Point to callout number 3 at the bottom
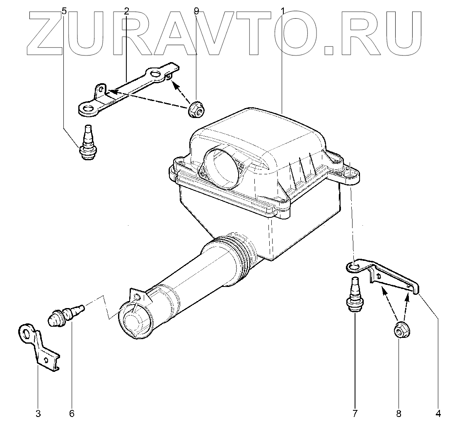[x=38, y=413]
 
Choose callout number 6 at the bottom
[x=71, y=413]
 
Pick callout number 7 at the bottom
[x=355, y=413]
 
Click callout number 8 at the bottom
[x=399, y=413]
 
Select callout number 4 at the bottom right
[x=438, y=413]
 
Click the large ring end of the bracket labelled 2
[x=88, y=109]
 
